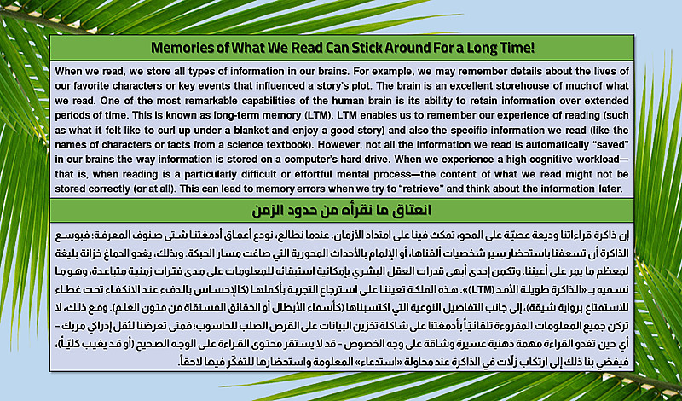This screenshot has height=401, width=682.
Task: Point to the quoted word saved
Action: (612, 144)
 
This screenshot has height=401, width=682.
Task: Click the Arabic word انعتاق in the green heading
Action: (413, 210)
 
